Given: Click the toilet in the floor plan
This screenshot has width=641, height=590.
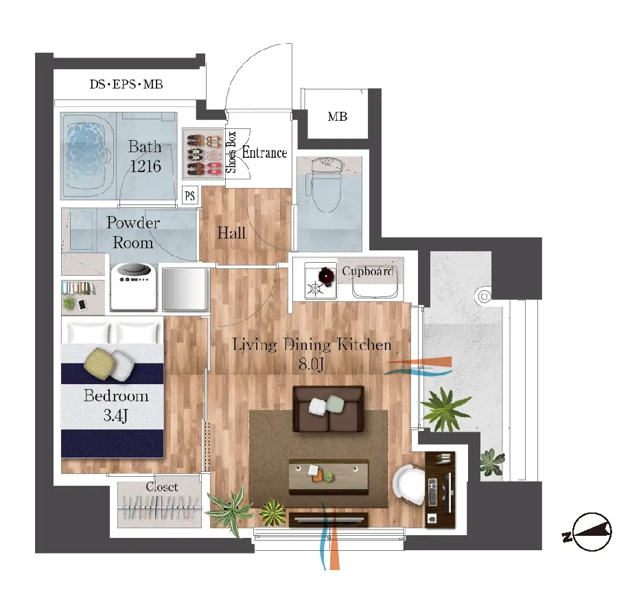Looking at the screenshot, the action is [327, 185].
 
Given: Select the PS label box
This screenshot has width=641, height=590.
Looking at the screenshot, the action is [189, 196].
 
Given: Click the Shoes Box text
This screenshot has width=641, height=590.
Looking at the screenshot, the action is [231, 152].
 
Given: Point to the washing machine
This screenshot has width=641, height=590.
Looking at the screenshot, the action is [134, 287].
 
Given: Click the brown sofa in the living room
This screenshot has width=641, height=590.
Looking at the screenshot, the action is [328, 409].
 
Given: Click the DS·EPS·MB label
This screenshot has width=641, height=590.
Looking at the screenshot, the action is [126, 84].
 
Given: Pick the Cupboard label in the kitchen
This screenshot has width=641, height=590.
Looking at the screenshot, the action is [368, 271].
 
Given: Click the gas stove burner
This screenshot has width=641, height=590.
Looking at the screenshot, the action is [316, 289].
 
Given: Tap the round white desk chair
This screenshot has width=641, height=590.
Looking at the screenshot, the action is [409, 485].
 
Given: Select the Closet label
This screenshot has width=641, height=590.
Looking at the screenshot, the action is [162, 486].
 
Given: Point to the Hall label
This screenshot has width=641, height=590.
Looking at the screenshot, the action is [231, 233].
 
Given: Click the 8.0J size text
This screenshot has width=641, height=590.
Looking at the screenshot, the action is [311, 363].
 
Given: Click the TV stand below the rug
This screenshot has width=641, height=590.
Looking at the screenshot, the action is [328, 519].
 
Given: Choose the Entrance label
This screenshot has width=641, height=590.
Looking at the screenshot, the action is [264, 152].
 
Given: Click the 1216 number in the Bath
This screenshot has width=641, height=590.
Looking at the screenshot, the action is [145, 166].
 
